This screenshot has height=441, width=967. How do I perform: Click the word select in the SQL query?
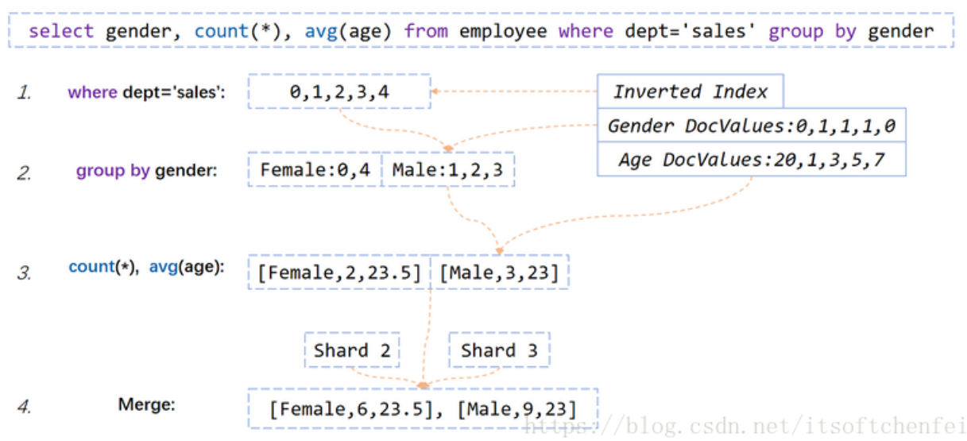(61, 31)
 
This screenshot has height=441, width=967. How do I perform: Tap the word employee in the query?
(503, 32)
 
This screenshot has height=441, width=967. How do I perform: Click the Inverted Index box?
(690, 91)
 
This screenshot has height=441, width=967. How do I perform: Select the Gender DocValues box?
(752, 125)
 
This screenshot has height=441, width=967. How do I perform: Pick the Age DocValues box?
(752, 159)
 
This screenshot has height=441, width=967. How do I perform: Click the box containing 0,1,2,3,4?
(339, 91)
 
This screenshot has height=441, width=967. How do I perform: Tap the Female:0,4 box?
(315, 169)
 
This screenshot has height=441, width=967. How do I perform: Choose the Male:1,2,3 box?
(448, 169)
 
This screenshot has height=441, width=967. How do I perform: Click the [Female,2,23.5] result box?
(339, 273)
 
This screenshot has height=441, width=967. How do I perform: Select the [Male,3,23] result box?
(500, 273)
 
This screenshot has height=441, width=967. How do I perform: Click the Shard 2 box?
(352, 350)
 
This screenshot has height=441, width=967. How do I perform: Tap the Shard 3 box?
(500, 350)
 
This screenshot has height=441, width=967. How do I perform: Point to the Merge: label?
(147, 404)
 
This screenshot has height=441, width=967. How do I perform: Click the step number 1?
(24, 92)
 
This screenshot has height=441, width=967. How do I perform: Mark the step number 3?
(24, 273)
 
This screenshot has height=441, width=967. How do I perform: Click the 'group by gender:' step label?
(146, 171)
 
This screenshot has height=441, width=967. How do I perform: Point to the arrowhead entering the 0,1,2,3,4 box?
(435, 91)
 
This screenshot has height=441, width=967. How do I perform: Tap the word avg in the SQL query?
(321, 32)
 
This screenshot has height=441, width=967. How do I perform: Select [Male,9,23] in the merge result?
(517, 409)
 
